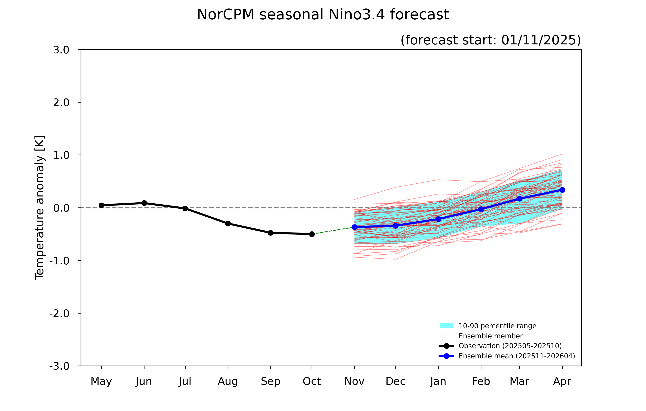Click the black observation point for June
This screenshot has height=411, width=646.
(144, 203)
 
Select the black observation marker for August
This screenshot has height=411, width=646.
(228, 224)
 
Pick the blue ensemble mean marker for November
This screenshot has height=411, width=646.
(354, 227)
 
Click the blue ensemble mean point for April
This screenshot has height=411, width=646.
(562, 190)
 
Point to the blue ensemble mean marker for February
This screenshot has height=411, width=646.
(481, 209)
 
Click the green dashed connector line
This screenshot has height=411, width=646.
(334, 230)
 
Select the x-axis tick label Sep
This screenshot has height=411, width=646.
(270, 381)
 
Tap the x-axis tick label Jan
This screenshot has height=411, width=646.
(438, 381)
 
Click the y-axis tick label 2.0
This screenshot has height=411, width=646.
(61, 103)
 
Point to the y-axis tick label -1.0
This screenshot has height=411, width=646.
(59, 260)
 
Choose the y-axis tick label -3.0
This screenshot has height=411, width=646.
(59, 366)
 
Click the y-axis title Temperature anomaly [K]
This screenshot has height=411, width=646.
(40, 208)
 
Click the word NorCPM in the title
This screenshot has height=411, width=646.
(225, 14)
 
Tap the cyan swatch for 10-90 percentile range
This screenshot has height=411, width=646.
(446, 326)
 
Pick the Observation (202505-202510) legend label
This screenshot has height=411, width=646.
(510, 346)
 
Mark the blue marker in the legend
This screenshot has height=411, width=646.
(446, 356)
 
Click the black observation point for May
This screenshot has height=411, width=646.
(101, 205)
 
